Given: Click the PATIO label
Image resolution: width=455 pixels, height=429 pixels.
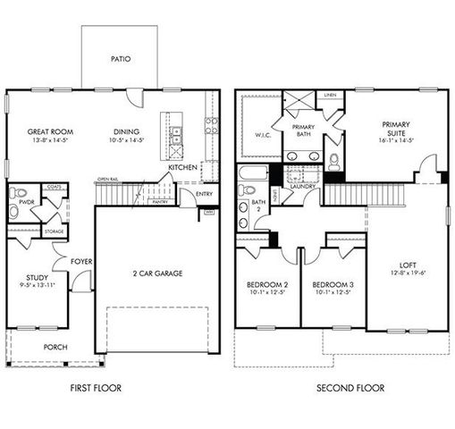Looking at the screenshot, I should tap(121, 60).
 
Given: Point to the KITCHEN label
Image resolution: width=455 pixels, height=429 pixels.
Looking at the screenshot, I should tap(182, 167).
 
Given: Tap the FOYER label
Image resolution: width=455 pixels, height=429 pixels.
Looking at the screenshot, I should tap(85, 261).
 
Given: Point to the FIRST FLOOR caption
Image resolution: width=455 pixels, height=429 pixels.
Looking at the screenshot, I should tap(96, 388).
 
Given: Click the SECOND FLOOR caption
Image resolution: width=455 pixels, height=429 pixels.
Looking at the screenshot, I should tap(350, 388).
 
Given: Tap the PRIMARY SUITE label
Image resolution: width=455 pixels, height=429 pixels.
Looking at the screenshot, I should tap(395, 129).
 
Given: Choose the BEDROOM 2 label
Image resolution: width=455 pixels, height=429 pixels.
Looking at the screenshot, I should tap(266, 286).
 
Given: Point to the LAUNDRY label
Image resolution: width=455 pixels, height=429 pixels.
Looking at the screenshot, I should tap(301, 187).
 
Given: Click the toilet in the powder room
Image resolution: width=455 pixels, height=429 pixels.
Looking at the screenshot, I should tap(20, 193).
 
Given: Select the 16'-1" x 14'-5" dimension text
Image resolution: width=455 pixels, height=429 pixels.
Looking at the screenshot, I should tap(395, 140).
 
